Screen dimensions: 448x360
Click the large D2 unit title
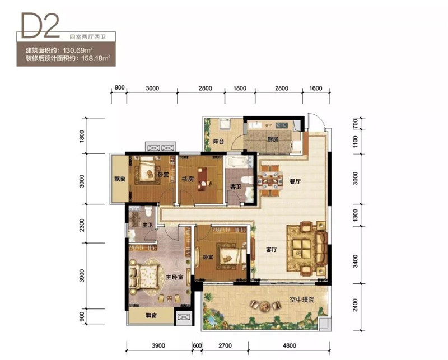pos(40,26)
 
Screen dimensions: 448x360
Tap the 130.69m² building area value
pos(77,50)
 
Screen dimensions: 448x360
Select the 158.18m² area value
pos(96,59)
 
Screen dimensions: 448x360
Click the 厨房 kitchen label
pos(273,139)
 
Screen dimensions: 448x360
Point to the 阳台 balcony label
pos(218,141)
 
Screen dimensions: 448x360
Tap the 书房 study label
pos(188,179)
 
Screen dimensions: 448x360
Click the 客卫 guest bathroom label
pos(236,187)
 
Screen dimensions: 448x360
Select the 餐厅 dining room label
pos(295,181)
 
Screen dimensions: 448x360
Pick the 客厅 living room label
pos(272,250)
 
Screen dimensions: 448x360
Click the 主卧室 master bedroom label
pos(175,277)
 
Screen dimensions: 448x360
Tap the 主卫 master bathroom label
pos(147,225)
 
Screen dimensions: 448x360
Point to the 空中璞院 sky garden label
pos(302,300)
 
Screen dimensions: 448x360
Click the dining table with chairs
pos(270,181)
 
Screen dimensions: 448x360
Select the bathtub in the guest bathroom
pos(237,162)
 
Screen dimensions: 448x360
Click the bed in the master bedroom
pos(144,277)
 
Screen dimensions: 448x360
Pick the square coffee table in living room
pos(302,247)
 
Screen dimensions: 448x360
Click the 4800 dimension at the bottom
pos(289,345)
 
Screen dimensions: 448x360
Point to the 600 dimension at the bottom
pos(197,345)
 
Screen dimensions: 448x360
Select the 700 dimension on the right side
pos(355,123)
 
